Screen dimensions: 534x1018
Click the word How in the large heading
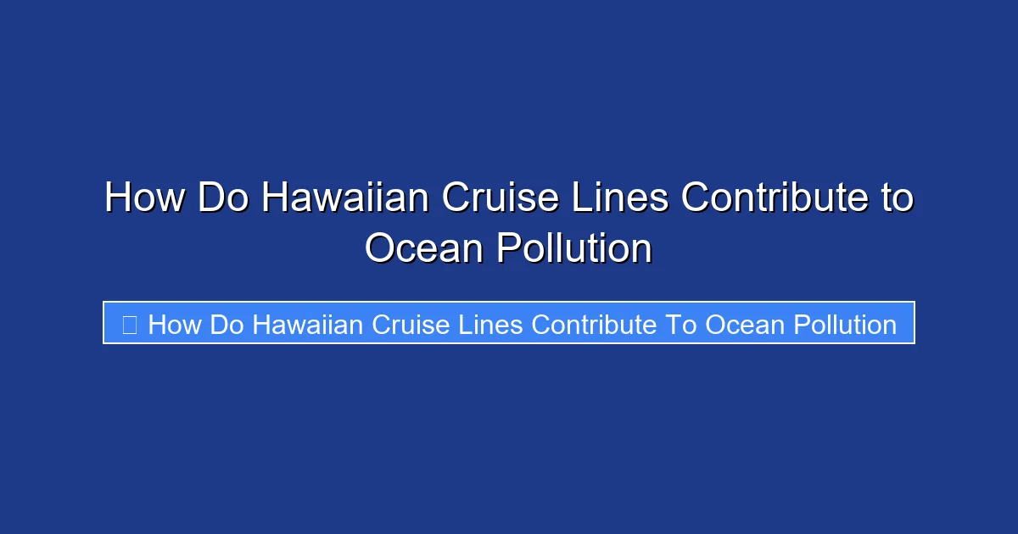tap(144, 198)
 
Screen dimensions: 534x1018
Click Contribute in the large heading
tap(771, 198)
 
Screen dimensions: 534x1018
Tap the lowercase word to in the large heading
tap(892, 198)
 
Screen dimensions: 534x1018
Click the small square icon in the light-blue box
tap(130, 324)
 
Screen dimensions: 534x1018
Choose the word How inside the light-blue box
tap(176, 325)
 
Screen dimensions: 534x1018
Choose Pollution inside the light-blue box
tap(845, 325)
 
